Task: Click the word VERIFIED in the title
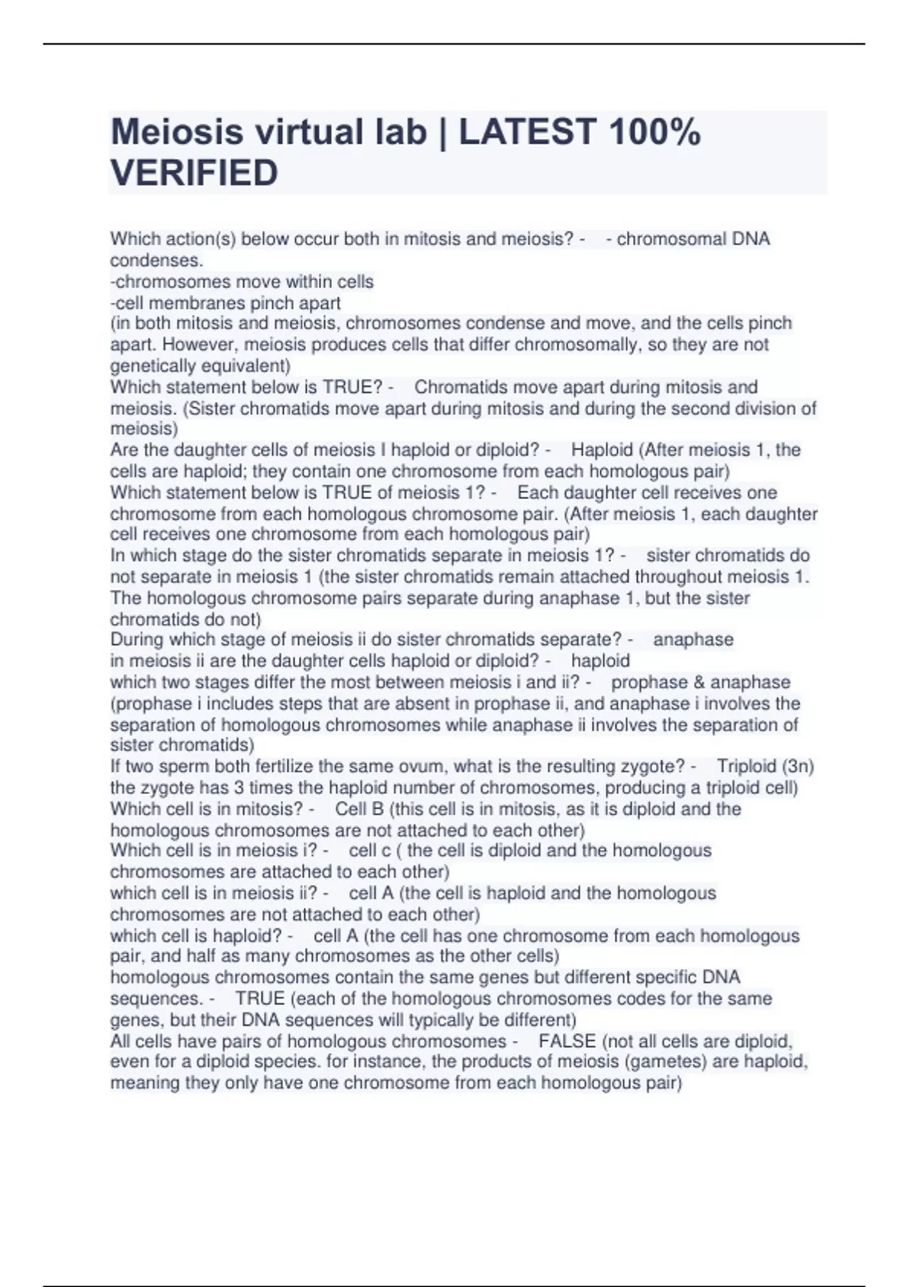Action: tap(194, 173)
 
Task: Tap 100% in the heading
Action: tap(654, 132)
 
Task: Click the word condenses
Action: tap(156, 260)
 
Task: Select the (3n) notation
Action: tap(798, 766)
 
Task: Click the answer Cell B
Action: tap(359, 809)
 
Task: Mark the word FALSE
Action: tap(567, 1041)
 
